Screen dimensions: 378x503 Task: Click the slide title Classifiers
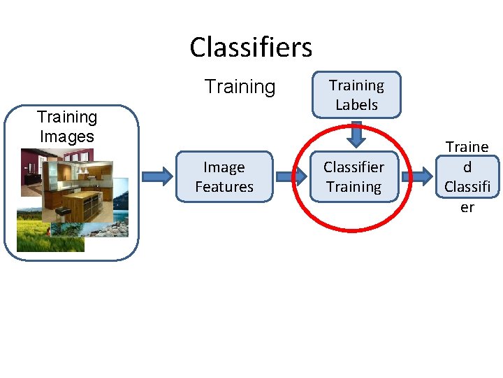pos(251,48)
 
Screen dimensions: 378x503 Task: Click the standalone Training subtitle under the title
pos(240,87)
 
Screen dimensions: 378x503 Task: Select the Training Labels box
pos(356,94)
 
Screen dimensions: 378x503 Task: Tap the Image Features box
pos(224,176)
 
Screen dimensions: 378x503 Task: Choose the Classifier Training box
pos(353,176)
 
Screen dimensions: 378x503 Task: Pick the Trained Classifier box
pos(467,176)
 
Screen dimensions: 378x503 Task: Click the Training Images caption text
pos(67,127)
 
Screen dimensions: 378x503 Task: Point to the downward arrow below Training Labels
pos(356,134)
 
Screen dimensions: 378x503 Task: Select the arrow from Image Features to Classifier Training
pos(291,176)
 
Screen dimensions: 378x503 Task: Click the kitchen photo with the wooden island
pos(77,185)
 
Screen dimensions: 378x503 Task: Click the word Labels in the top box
pos(356,105)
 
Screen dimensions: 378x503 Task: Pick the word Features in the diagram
pos(224,187)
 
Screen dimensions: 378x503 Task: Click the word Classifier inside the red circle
pos(353,167)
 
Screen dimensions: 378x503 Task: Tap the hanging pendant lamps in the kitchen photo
pos(80,168)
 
